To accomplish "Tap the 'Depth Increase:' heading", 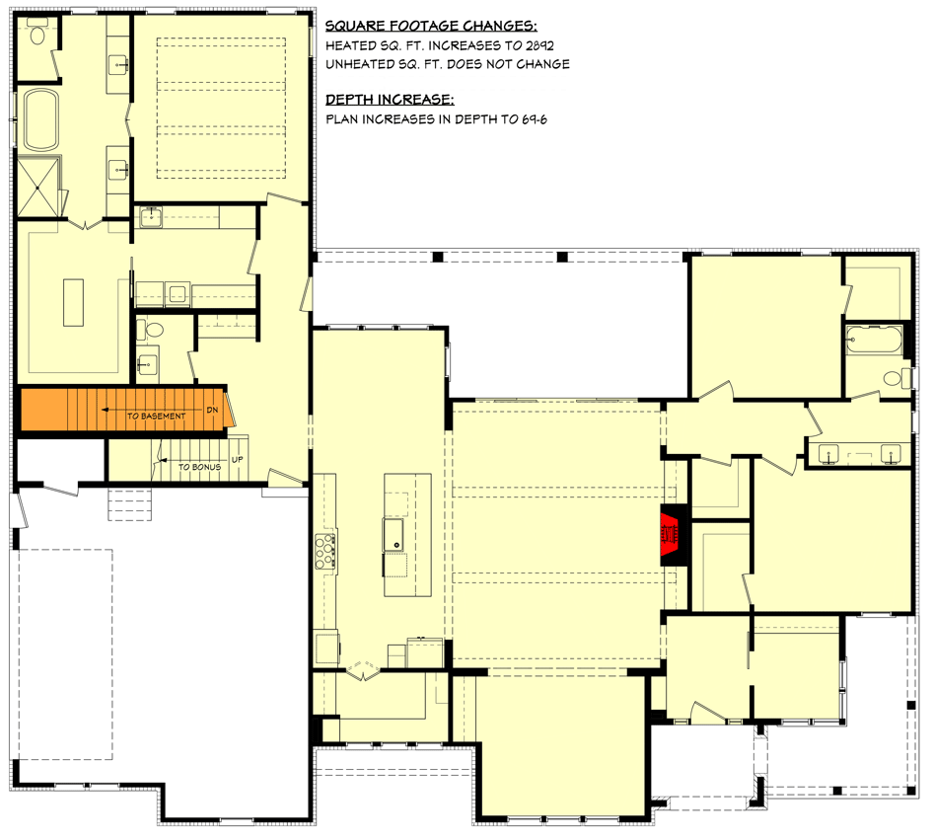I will coord(390,100).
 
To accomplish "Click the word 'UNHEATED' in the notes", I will coord(358,65).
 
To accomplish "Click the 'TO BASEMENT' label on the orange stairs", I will coord(156,417).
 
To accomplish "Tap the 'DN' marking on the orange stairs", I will coord(211,409).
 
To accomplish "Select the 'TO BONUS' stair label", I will coord(199,466).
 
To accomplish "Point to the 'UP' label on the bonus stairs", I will coord(236,460).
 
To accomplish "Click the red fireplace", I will coord(672,536).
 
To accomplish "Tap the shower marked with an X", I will coord(38,188).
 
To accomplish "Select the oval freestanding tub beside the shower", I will coord(42,121).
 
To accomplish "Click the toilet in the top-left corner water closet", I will coord(37,36).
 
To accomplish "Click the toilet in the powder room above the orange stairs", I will coord(149,330).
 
